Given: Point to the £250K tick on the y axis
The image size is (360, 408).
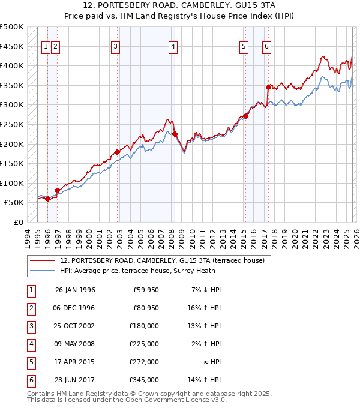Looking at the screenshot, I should click(12, 124).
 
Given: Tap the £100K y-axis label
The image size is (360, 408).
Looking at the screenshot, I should click(12, 183).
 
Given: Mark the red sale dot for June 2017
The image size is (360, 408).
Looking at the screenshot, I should click(268, 87).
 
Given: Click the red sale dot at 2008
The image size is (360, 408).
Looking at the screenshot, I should click(175, 134).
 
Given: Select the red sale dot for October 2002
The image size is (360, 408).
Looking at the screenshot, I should click(117, 152).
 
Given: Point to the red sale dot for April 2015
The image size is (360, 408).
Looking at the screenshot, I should click(246, 116).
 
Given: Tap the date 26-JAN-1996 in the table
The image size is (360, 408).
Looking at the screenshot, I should click(75, 290).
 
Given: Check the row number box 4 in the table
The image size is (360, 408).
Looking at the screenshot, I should click(31, 344).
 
